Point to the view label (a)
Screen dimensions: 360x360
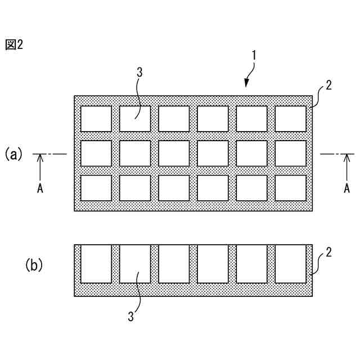click(14, 154)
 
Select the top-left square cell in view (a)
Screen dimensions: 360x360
click(96, 119)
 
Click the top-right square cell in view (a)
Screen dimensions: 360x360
click(290, 119)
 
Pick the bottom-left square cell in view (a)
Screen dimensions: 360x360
click(96, 188)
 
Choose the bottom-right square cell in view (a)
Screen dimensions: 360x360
click(290, 188)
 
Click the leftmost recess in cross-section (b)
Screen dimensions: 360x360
click(96, 263)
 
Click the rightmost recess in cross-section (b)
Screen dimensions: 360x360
click(290, 263)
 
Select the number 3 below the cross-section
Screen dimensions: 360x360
click(131, 317)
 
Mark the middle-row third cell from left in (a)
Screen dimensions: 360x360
click(174, 154)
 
